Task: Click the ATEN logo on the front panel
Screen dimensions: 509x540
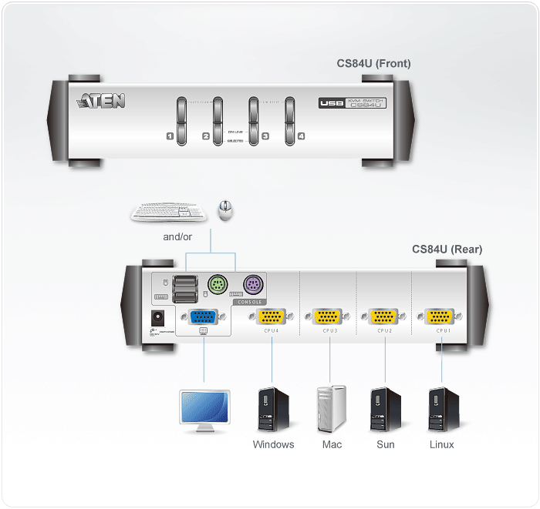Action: pyautogui.click(x=101, y=101)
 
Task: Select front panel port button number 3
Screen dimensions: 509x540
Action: pyautogui.click(x=253, y=121)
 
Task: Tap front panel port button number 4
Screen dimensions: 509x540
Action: pyautogui.click(x=290, y=121)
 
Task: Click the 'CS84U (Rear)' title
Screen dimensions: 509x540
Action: pyautogui.click(x=447, y=249)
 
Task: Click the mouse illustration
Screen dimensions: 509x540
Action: pyautogui.click(x=225, y=209)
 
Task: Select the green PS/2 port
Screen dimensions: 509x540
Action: pyautogui.click(x=217, y=286)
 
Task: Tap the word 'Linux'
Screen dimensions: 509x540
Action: pyautogui.click(x=442, y=444)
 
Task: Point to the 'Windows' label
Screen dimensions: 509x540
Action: pyautogui.click(x=273, y=444)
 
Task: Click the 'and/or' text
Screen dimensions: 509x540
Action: pyautogui.click(x=177, y=236)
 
